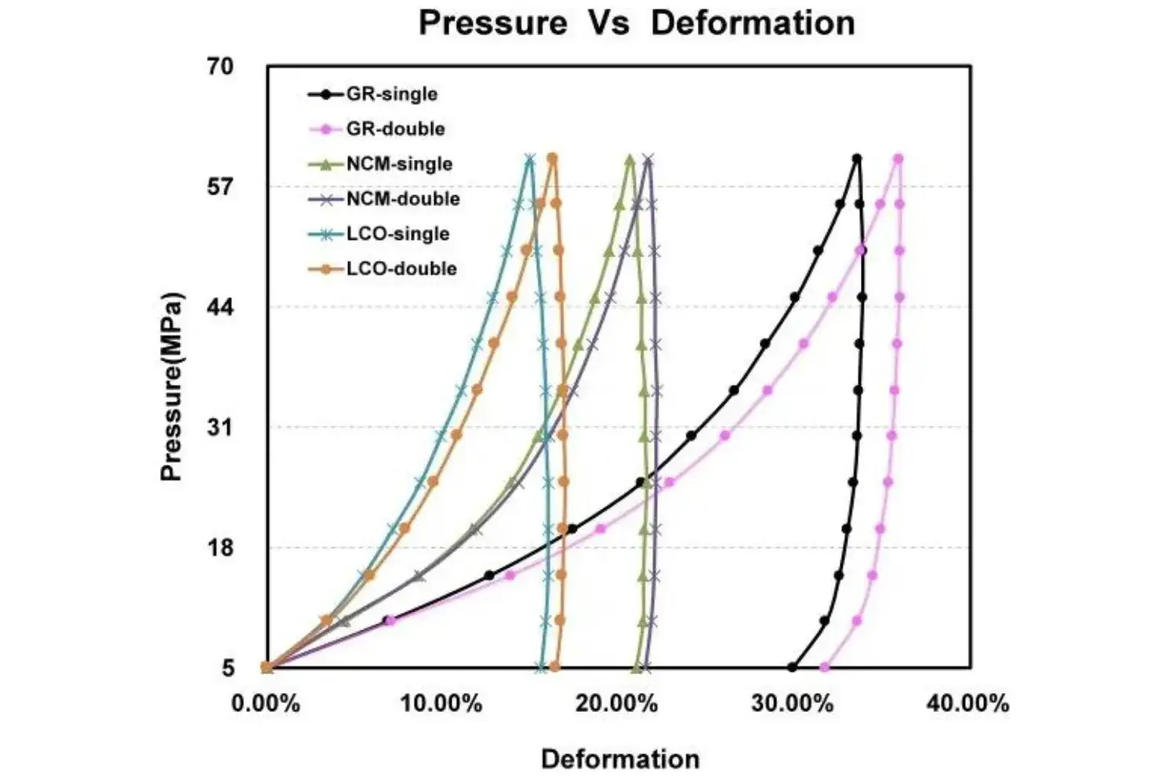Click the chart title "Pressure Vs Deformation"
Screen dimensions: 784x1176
click(x=636, y=23)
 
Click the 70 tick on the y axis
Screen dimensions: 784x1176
click(x=220, y=67)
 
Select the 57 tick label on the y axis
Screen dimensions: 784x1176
click(x=220, y=187)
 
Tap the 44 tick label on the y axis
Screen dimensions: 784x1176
click(x=220, y=307)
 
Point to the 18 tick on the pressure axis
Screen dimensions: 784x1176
click(x=220, y=547)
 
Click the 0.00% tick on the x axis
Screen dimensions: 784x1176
click(x=266, y=703)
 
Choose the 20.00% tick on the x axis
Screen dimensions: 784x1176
click(x=616, y=703)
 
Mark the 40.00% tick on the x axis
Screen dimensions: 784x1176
click(x=967, y=703)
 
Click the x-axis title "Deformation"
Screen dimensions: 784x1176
click(x=619, y=759)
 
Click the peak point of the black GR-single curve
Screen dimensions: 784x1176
click(x=857, y=158)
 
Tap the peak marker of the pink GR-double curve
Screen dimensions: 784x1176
click(x=898, y=158)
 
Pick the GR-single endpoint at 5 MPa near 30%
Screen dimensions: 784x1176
click(x=792, y=667)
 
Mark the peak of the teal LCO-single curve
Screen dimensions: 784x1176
click(x=530, y=158)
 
